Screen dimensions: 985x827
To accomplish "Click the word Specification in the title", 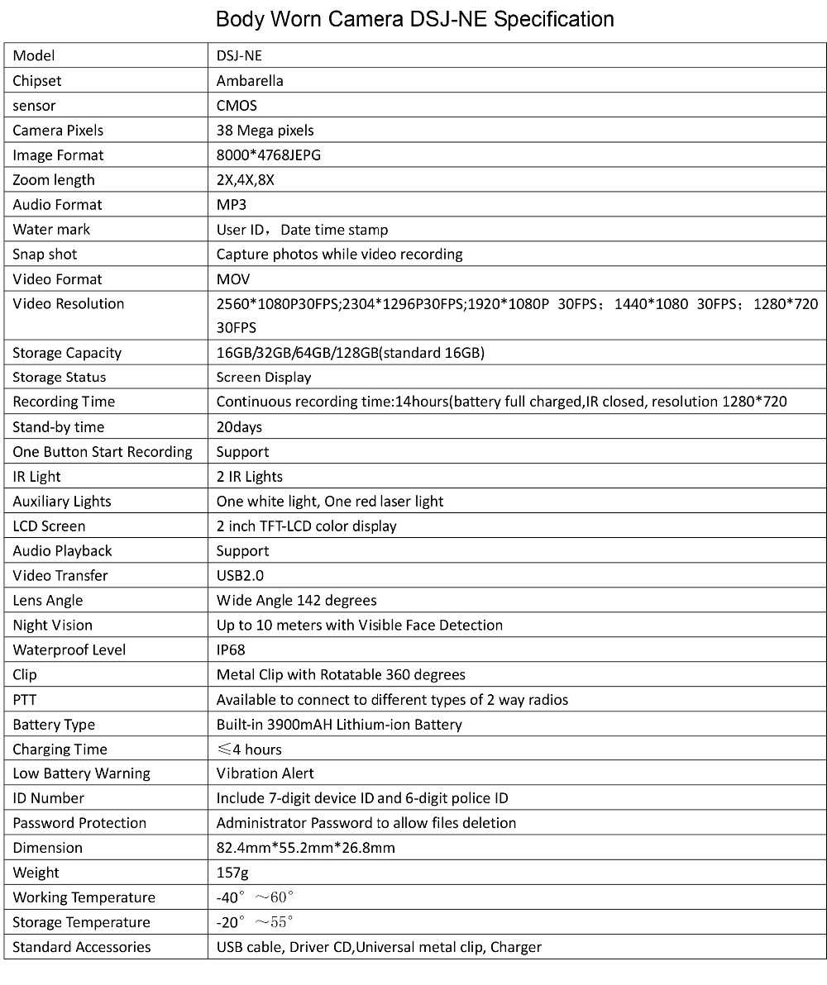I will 553,19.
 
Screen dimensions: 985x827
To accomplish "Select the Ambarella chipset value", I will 250,81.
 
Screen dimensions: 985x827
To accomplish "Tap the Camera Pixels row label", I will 58,131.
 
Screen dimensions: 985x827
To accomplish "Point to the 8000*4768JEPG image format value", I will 268,155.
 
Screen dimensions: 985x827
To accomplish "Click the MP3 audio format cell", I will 232,205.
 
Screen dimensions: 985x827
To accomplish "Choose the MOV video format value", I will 233,279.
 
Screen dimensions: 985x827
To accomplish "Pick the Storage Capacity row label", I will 67,353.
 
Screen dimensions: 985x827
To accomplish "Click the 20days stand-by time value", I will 239,427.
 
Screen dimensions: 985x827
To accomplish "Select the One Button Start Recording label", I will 103,452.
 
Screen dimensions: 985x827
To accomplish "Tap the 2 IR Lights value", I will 249,477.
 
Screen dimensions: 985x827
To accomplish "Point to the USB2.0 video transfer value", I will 240,576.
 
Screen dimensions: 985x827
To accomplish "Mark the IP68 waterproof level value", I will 231,650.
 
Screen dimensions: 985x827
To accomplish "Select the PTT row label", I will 25,700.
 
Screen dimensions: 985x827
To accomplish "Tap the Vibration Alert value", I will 265,773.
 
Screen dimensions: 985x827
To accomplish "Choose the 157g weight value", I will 232,873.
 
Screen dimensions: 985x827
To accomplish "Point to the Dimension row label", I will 48,848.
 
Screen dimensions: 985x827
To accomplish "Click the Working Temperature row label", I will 84,897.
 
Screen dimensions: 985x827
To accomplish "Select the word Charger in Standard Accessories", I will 516,947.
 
